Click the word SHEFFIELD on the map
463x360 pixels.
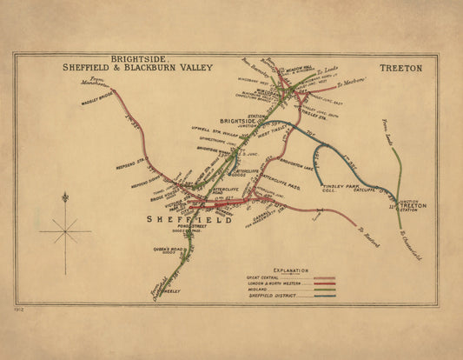[x=189, y=221]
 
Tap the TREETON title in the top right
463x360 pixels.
[x=400, y=68]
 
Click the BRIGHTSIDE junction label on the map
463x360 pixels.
[x=237, y=122]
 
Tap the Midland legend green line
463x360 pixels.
[x=322, y=290]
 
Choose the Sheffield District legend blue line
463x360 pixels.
[x=322, y=296]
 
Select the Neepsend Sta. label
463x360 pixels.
[x=132, y=160]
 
